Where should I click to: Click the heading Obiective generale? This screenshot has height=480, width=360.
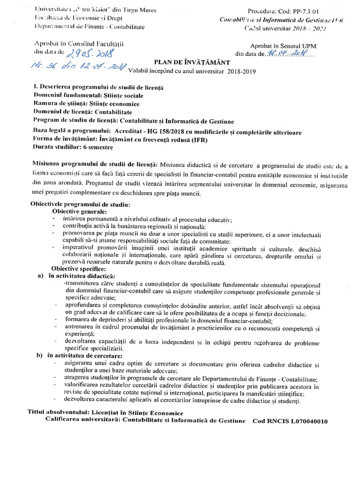click(x=80, y=211)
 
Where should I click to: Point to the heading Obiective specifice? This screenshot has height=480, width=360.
click(x=79, y=269)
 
